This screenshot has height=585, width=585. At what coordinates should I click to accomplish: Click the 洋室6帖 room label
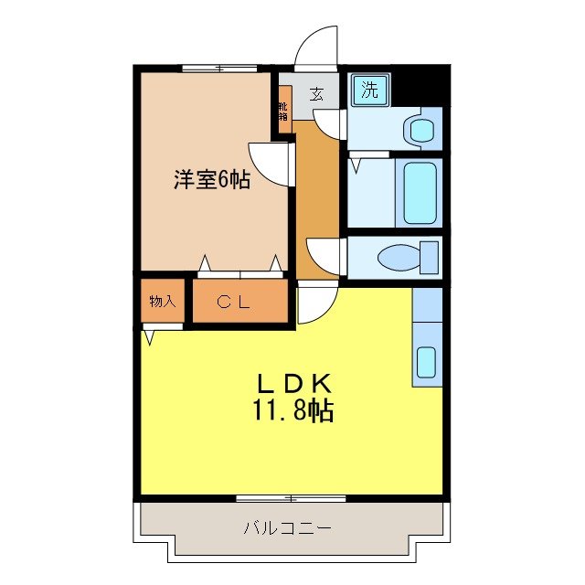coord(212,180)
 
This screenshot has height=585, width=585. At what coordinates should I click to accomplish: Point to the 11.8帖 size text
coord(292,410)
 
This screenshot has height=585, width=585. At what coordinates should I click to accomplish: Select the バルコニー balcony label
coord(287,527)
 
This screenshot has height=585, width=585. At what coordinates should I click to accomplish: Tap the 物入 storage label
coord(162,302)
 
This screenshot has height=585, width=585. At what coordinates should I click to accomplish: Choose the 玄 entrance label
coord(316,92)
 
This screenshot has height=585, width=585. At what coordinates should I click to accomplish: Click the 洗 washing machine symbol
coord(369,90)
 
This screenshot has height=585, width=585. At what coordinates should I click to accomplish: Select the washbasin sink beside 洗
coord(421,128)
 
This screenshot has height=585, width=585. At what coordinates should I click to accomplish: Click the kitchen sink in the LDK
coord(427,362)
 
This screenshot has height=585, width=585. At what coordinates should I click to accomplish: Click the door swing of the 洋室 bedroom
coord(270,163)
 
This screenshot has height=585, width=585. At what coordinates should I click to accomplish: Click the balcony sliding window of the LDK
coord(291,498)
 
